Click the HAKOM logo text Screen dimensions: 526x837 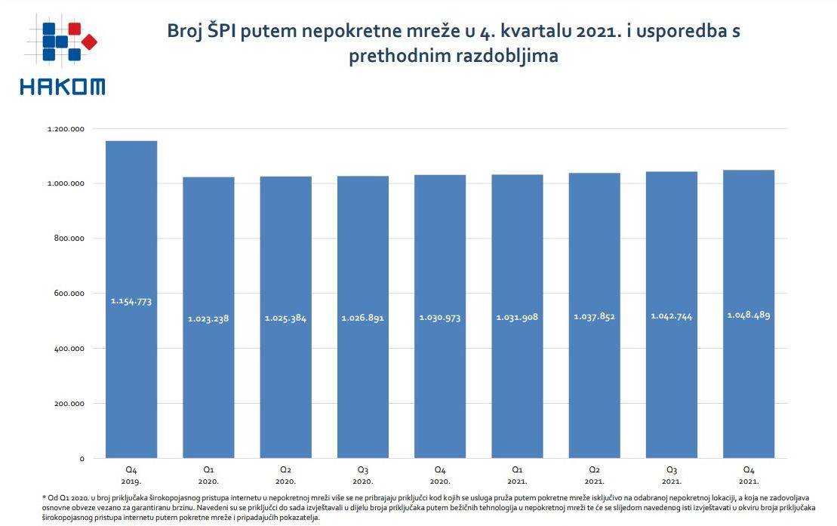pos(62,87)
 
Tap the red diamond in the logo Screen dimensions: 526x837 pos(89,42)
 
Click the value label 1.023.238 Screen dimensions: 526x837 pos(208,318)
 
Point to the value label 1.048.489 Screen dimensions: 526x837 pos(749,315)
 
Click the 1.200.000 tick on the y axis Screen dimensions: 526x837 pos(66,129)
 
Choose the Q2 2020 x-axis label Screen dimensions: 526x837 pos(285,475)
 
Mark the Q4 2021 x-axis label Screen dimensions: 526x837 pos(749,475)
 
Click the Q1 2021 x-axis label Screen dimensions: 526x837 pos(517,475)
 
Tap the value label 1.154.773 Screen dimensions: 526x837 pos(131,301)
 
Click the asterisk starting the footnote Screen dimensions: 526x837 pos(44,497)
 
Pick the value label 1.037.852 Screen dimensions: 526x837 pos(594,317)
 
